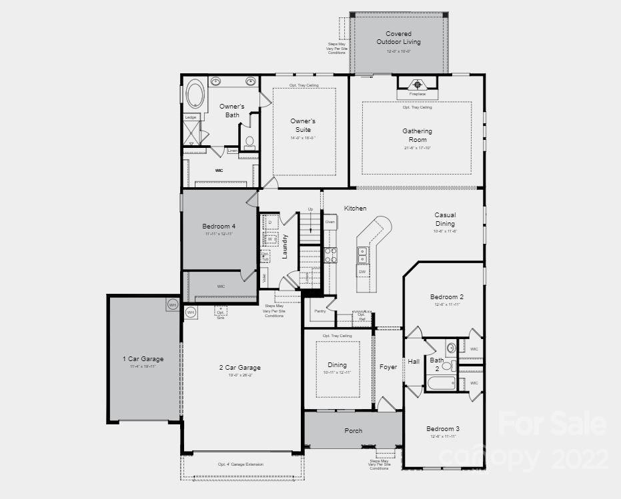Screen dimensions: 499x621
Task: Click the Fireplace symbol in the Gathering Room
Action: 417,85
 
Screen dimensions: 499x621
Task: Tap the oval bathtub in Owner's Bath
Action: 195,95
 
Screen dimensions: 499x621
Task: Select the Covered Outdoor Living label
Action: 398,38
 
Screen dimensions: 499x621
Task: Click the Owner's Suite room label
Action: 303,125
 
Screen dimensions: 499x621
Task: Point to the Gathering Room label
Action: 417,135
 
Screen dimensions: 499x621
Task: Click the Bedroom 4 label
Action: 219,227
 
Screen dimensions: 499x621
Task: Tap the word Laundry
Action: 285,246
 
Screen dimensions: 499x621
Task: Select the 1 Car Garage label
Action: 143,359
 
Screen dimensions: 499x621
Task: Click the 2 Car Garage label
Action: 239,368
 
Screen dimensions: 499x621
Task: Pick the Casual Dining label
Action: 445,219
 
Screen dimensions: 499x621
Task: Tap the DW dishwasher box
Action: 362,272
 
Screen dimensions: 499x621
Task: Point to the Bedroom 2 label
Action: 446,296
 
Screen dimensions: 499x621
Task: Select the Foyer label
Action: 388,366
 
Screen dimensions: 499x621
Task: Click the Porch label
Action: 354,430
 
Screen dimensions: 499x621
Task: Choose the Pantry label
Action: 320,310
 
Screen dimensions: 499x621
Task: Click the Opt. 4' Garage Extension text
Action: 240,464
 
